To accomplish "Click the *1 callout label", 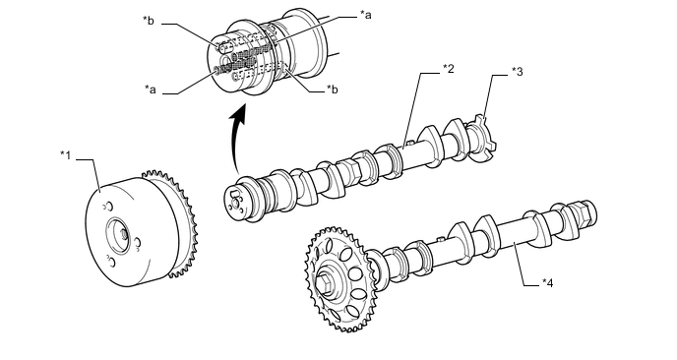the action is [x=65, y=155].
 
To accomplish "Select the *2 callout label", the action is [x=449, y=68].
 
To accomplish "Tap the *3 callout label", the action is [x=518, y=71].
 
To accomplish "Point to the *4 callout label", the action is [x=547, y=282].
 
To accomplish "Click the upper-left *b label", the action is [x=149, y=21].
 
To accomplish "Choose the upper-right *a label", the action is [x=366, y=15].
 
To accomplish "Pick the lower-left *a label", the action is [x=151, y=90].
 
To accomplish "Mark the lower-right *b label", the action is [x=332, y=89].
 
